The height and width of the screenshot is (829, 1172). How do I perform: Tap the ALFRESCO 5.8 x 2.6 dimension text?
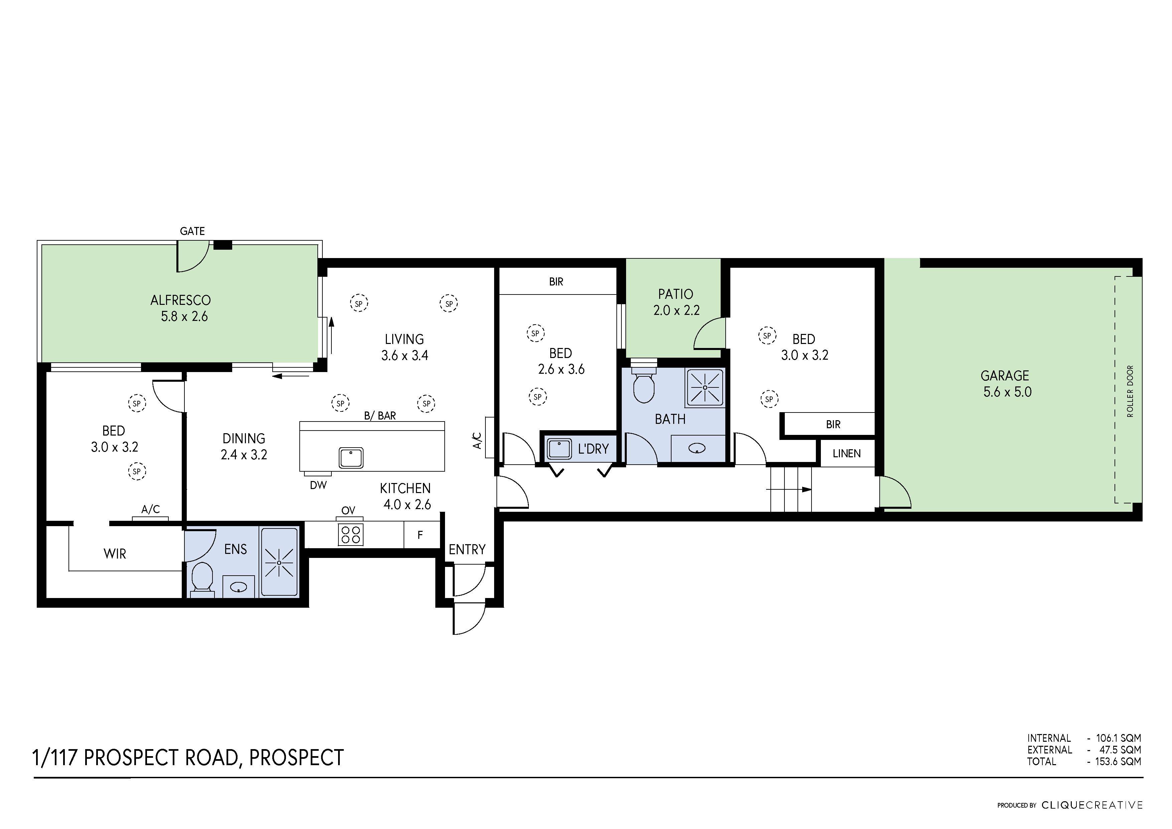coord(184,317)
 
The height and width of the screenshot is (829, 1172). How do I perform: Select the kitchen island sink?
coord(351,457)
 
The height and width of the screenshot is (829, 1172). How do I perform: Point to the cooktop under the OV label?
coord(350,534)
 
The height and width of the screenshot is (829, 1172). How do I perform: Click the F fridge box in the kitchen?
coord(420,535)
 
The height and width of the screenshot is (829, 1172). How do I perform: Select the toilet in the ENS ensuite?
coord(202,578)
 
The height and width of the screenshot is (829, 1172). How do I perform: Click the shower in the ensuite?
coord(279,562)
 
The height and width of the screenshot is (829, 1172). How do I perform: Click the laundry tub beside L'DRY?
coord(560,449)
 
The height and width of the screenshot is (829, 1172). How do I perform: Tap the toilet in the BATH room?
coord(644,387)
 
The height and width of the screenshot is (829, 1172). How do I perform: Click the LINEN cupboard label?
coord(846,454)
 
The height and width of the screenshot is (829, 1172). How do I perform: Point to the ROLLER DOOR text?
coord(1130,391)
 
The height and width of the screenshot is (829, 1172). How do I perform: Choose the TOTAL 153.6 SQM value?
coord(1118,761)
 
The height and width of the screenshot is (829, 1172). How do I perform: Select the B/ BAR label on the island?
coord(380,416)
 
